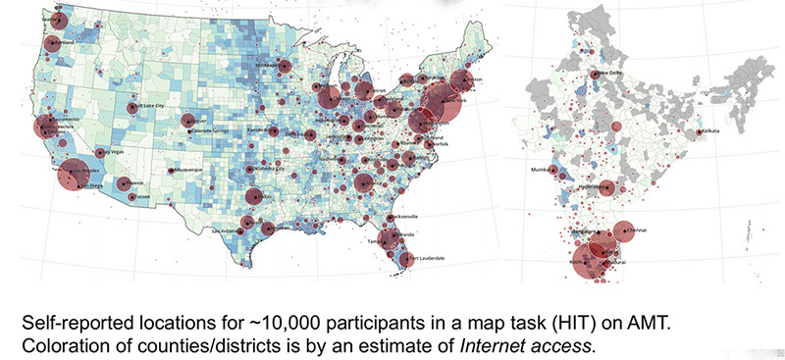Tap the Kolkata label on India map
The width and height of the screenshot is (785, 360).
click(x=710, y=131)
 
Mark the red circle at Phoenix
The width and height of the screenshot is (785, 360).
click(x=124, y=183)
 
